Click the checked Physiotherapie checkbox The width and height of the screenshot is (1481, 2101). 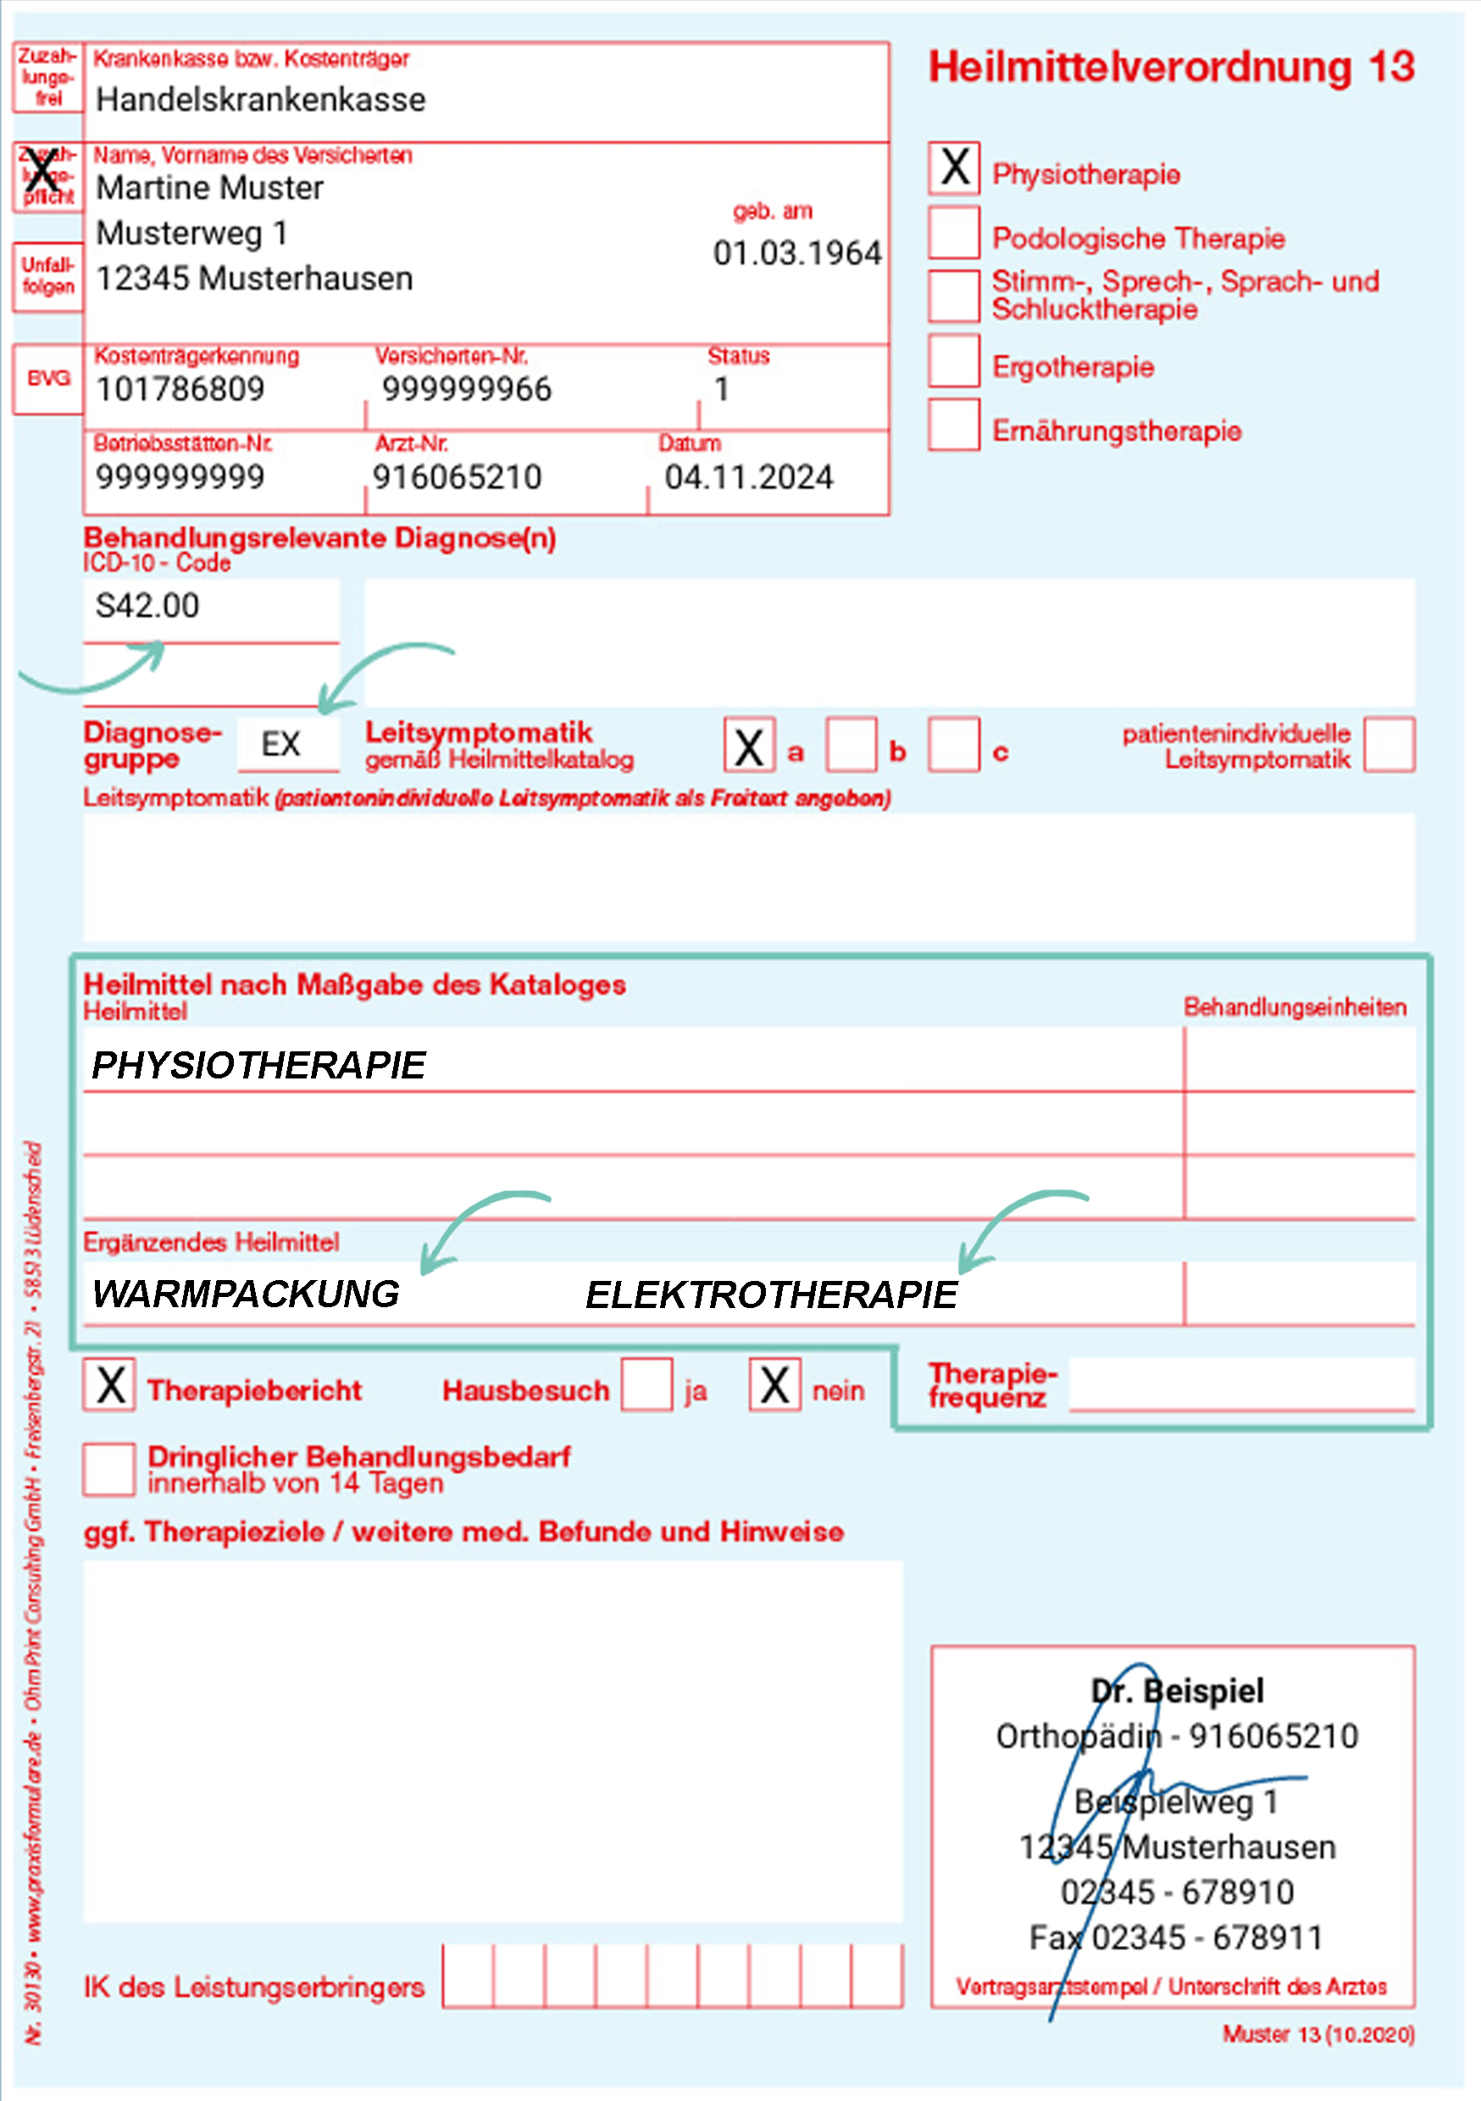(954, 169)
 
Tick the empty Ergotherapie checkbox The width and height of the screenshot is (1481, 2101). (954, 361)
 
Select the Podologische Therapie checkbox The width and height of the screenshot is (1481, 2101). (954, 232)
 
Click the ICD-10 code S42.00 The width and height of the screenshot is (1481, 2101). (147, 606)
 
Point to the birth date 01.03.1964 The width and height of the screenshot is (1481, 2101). (796, 253)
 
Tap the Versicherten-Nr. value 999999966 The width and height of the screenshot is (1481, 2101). (467, 390)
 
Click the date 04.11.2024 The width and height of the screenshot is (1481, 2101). (749, 478)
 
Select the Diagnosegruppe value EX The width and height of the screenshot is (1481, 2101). (281, 744)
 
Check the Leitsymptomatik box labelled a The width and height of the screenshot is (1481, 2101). (749, 745)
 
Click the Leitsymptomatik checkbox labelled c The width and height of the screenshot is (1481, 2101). (954, 745)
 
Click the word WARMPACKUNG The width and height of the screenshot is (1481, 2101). (247, 1294)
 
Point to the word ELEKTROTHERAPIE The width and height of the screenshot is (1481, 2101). (772, 1294)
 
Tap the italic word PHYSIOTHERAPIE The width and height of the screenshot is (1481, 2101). (259, 1065)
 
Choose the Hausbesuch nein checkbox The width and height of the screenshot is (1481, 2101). (774, 1384)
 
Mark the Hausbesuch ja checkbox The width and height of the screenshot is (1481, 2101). (647, 1384)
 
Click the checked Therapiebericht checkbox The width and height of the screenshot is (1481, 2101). (110, 1384)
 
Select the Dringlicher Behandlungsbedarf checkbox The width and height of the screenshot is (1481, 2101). (110, 1470)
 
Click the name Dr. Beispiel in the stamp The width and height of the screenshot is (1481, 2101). (1177, 1690)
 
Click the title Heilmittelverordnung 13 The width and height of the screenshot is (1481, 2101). (1172, 68)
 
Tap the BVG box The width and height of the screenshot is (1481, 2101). (47, 379)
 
